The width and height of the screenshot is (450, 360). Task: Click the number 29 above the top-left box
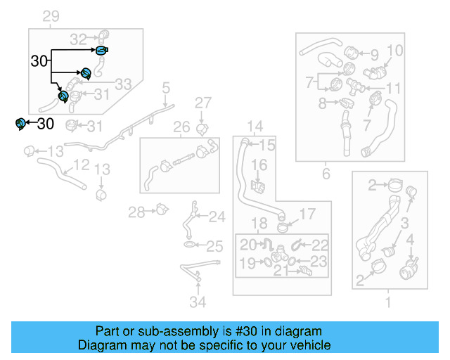pyautogui.click(x=51, y=16)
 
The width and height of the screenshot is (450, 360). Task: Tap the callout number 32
pyautogui.click(x=78, y=39)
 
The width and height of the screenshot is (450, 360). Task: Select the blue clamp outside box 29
pyautogui.click(x=20, y=124)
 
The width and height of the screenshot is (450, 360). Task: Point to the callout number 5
pyautogui.click(x=166, y=88)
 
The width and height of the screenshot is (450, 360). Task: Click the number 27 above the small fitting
pyautogui.click(x=202, y=103)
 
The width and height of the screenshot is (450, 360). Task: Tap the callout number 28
pyautogui.click(x=136, y=211)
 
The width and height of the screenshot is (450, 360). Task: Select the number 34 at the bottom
pyautogui.click(x=198, y=303)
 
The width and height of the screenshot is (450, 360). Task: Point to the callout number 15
pyautogui.click(x=267, y=146)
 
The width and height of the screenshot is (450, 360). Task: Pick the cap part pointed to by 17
pyautogui.click(x=283, y=226)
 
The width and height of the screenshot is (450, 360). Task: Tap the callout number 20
pyautogui.click(x=247, y=245)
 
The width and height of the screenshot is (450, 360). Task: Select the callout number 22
pyautogui.click(x=320, y=245)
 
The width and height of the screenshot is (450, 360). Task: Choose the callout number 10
pyautogui.click(x=394, y=51)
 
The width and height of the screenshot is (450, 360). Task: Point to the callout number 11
pyautogui.click(x=393, y=89)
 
